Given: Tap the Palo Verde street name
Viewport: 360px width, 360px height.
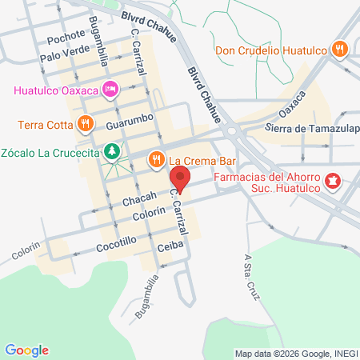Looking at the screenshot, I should [x=62, y=57].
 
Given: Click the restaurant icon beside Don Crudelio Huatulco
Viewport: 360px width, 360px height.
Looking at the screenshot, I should [x=340, y=49].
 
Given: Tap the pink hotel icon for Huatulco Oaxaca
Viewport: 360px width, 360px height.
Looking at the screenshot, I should [x=112, y=87].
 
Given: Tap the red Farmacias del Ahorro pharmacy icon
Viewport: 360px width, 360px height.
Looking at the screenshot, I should [x=338, y=182].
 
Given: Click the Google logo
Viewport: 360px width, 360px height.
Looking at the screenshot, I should [x=26, y=350].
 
